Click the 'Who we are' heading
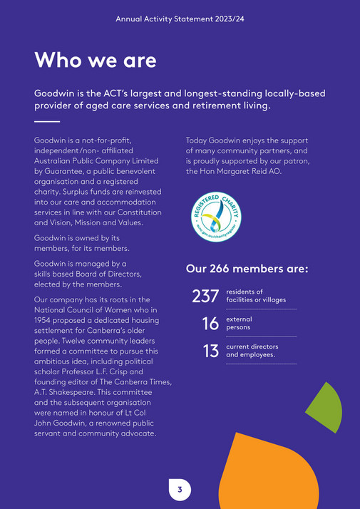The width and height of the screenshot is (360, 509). pyautogui.click(x=95, y=60)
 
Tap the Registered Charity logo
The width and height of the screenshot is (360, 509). pyautogui.click(x=216, y=215)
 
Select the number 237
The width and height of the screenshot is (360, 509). pyautogui.click(x=205, y=296)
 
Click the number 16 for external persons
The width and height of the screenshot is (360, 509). pyautogui.click(x=210, y=324)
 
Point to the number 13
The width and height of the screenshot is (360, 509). pyautogui.click(x=211, y=351)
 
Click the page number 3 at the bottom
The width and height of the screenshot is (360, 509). pyautogui.click(x=180, y=489)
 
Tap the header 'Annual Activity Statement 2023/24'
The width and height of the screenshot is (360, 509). pyautogui.click(x=180, y=19)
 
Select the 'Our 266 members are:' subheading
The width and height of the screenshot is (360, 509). pyautogui.click(x=247, y=269)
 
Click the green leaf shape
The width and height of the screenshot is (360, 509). pyautogui.click(x=326, y=408)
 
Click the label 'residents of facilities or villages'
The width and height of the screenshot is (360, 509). pyautogui.click(x=255, y=296)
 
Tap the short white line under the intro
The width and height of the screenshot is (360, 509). pyautogui.click(x=47, y=122)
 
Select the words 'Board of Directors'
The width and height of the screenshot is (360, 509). pyautogui.click(x=105, y=274)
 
